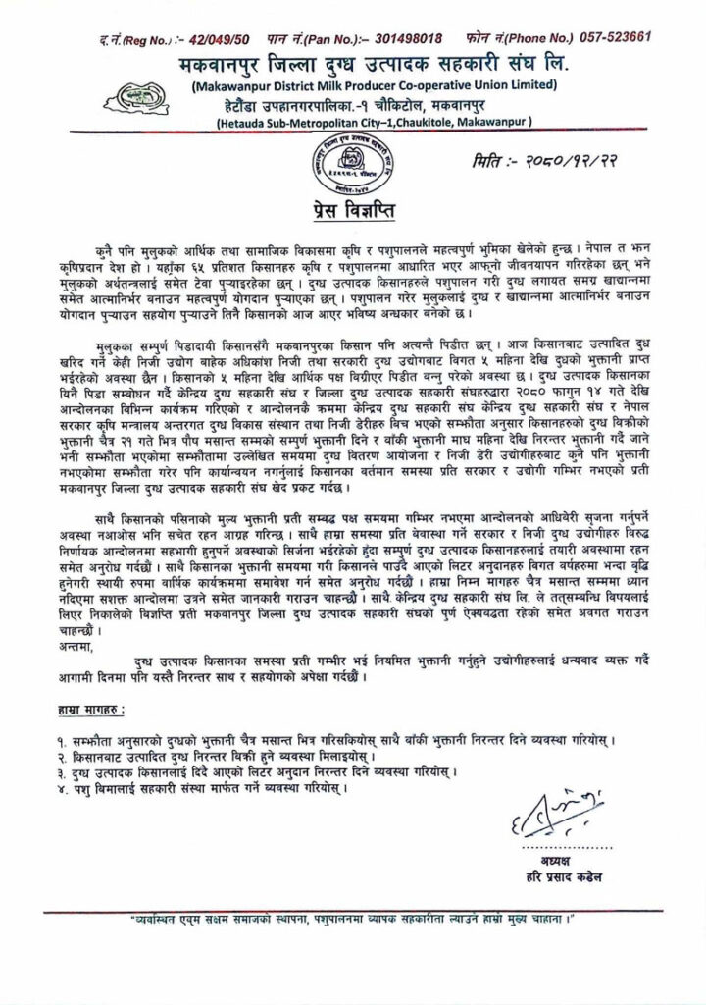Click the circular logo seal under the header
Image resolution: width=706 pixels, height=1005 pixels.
click(x=355, y=162)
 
